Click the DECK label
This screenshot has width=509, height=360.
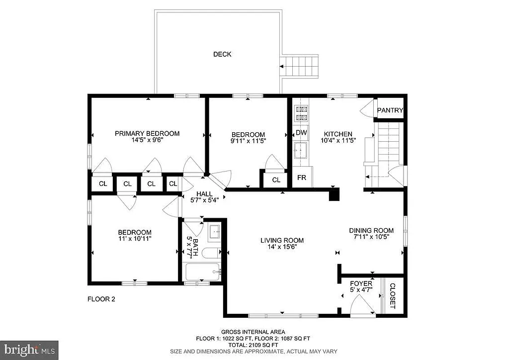[222, 54]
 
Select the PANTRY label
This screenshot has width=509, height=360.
[390, 110]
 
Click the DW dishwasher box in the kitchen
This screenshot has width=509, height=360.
[301, 133]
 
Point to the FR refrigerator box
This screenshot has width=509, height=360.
[301, 178]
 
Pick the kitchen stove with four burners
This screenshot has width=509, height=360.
[301, 113]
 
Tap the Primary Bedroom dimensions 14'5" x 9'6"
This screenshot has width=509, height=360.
[147, 140]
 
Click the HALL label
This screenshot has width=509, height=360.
[204, 194]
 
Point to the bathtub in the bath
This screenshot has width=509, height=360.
[203, 272]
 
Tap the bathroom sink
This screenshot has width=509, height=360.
[215, 231]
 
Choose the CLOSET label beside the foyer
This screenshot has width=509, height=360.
[392, 296]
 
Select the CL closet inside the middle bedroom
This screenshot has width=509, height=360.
[276, 180]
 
